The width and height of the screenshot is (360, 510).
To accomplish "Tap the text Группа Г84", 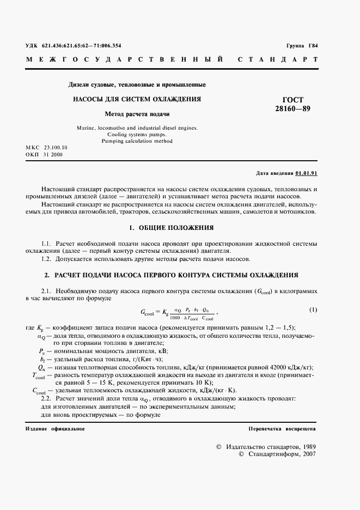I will click(x=301, y=46).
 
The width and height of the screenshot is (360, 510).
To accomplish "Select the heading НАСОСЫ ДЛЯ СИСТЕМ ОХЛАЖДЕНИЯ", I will click(x=137, y=99).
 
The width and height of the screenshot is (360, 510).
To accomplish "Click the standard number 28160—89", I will click(x=292, y=109).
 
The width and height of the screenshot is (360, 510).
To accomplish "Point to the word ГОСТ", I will click(x=293, y=100).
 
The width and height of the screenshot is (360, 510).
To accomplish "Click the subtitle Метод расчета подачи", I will click(x=137, y=114).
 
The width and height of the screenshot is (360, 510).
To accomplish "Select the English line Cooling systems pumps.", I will click(x=137, y=134).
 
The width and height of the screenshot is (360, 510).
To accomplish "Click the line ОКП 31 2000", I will click(x=45, y=155).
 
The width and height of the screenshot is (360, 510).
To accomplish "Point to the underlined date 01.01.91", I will click(x=306, y=173).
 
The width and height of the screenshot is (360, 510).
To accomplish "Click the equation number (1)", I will click(x=313, y=310).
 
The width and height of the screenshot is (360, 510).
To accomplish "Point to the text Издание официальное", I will click(x=55, y=429).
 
